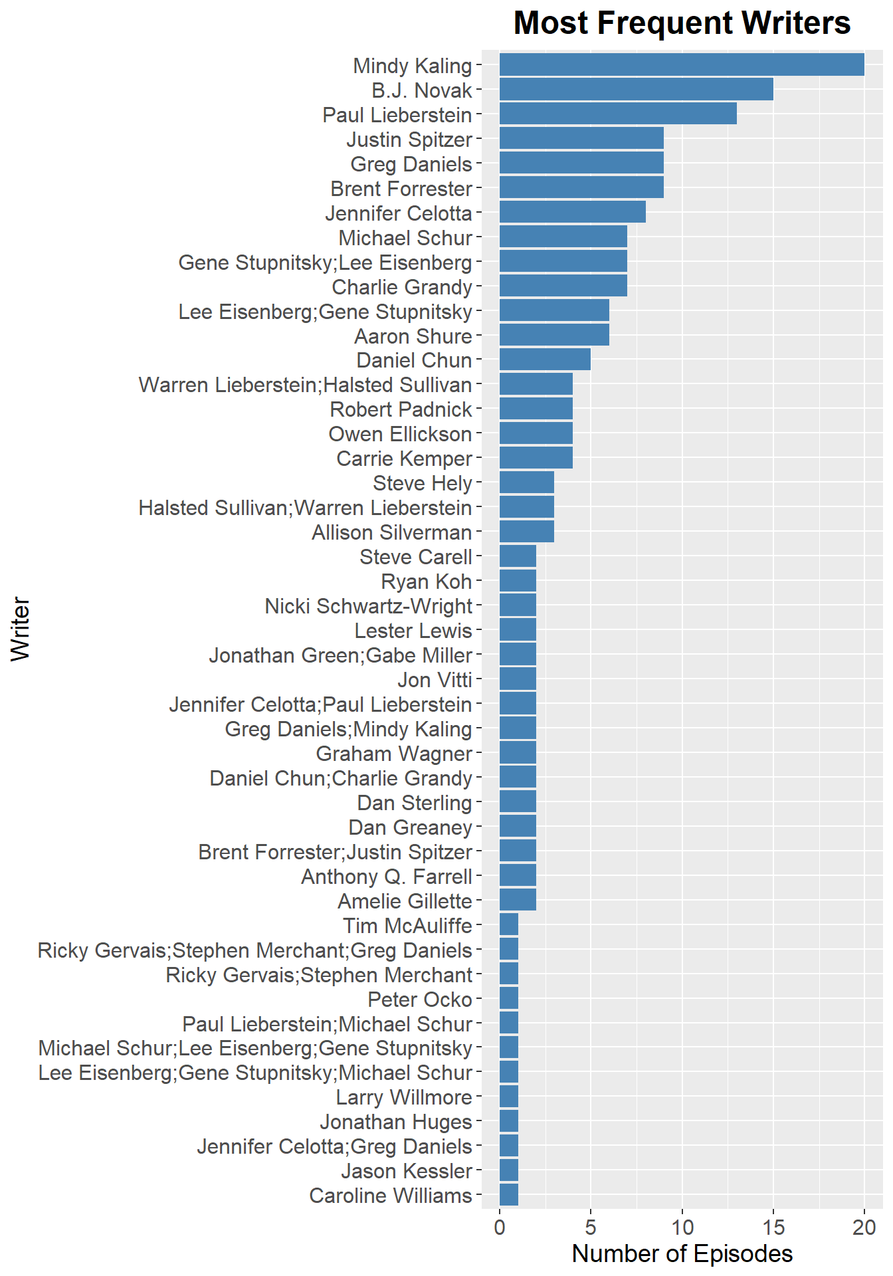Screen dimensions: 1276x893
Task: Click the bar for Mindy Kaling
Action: coord(682,65)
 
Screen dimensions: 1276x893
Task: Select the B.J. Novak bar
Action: coord(636,90)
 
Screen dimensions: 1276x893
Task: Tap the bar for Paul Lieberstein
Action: coord(618,114)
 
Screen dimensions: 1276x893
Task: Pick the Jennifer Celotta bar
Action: coord(572,213)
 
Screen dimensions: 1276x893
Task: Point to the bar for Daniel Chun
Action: coord(545,360)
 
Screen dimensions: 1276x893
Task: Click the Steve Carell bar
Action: coord(518,557)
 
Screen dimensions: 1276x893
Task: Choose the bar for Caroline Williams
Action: coord(508,1196)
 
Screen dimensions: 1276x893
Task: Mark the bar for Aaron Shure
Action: coord(554,336)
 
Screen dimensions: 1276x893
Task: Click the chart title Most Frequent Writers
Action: coord(682,23)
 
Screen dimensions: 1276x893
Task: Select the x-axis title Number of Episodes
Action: coord(682,1253)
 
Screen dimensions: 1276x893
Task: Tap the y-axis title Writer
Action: coord(21,629)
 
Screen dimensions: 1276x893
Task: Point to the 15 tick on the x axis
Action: coord(773,1227)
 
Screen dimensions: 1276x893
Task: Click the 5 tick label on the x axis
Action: coord(591,1227)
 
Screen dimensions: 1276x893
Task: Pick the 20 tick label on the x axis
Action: coord(864,1227)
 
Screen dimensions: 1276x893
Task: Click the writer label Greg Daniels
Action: coord(411,164)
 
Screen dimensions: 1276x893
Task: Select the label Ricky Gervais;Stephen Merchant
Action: coord(319,975)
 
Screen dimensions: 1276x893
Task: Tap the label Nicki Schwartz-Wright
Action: coord(368,606)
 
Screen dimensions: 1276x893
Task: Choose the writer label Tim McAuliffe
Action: coord(407,926)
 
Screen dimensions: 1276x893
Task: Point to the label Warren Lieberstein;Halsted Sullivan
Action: coord(305,385)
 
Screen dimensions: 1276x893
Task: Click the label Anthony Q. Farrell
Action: coord(387,877)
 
